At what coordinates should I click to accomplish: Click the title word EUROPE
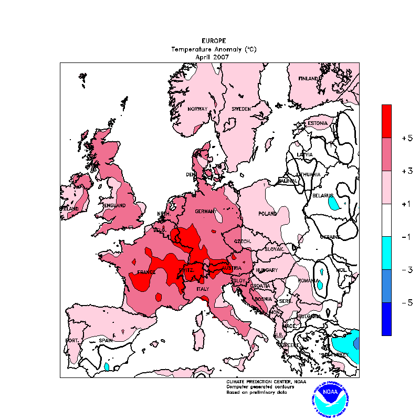point(214,41)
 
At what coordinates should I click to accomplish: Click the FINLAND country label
point(309,79)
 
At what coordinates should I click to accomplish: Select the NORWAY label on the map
point(198,109)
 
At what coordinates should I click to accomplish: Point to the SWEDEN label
point(241,109)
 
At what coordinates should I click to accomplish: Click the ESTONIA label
point(318,123)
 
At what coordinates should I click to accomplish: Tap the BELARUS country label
point(323,195)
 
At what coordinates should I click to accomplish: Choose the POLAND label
point(268,214)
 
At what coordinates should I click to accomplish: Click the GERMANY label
point(205,211)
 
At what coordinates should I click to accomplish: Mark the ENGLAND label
point(115,205)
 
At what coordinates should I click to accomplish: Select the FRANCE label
point(146,272)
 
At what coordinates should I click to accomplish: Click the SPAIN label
point(106,341)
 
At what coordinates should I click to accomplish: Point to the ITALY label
point(203,289)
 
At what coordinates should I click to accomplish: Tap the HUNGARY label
point(266,270)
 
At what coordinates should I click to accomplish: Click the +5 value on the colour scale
point(406,138)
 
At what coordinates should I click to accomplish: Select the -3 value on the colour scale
point(406,270)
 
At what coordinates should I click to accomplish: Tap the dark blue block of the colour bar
point(386,319)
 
